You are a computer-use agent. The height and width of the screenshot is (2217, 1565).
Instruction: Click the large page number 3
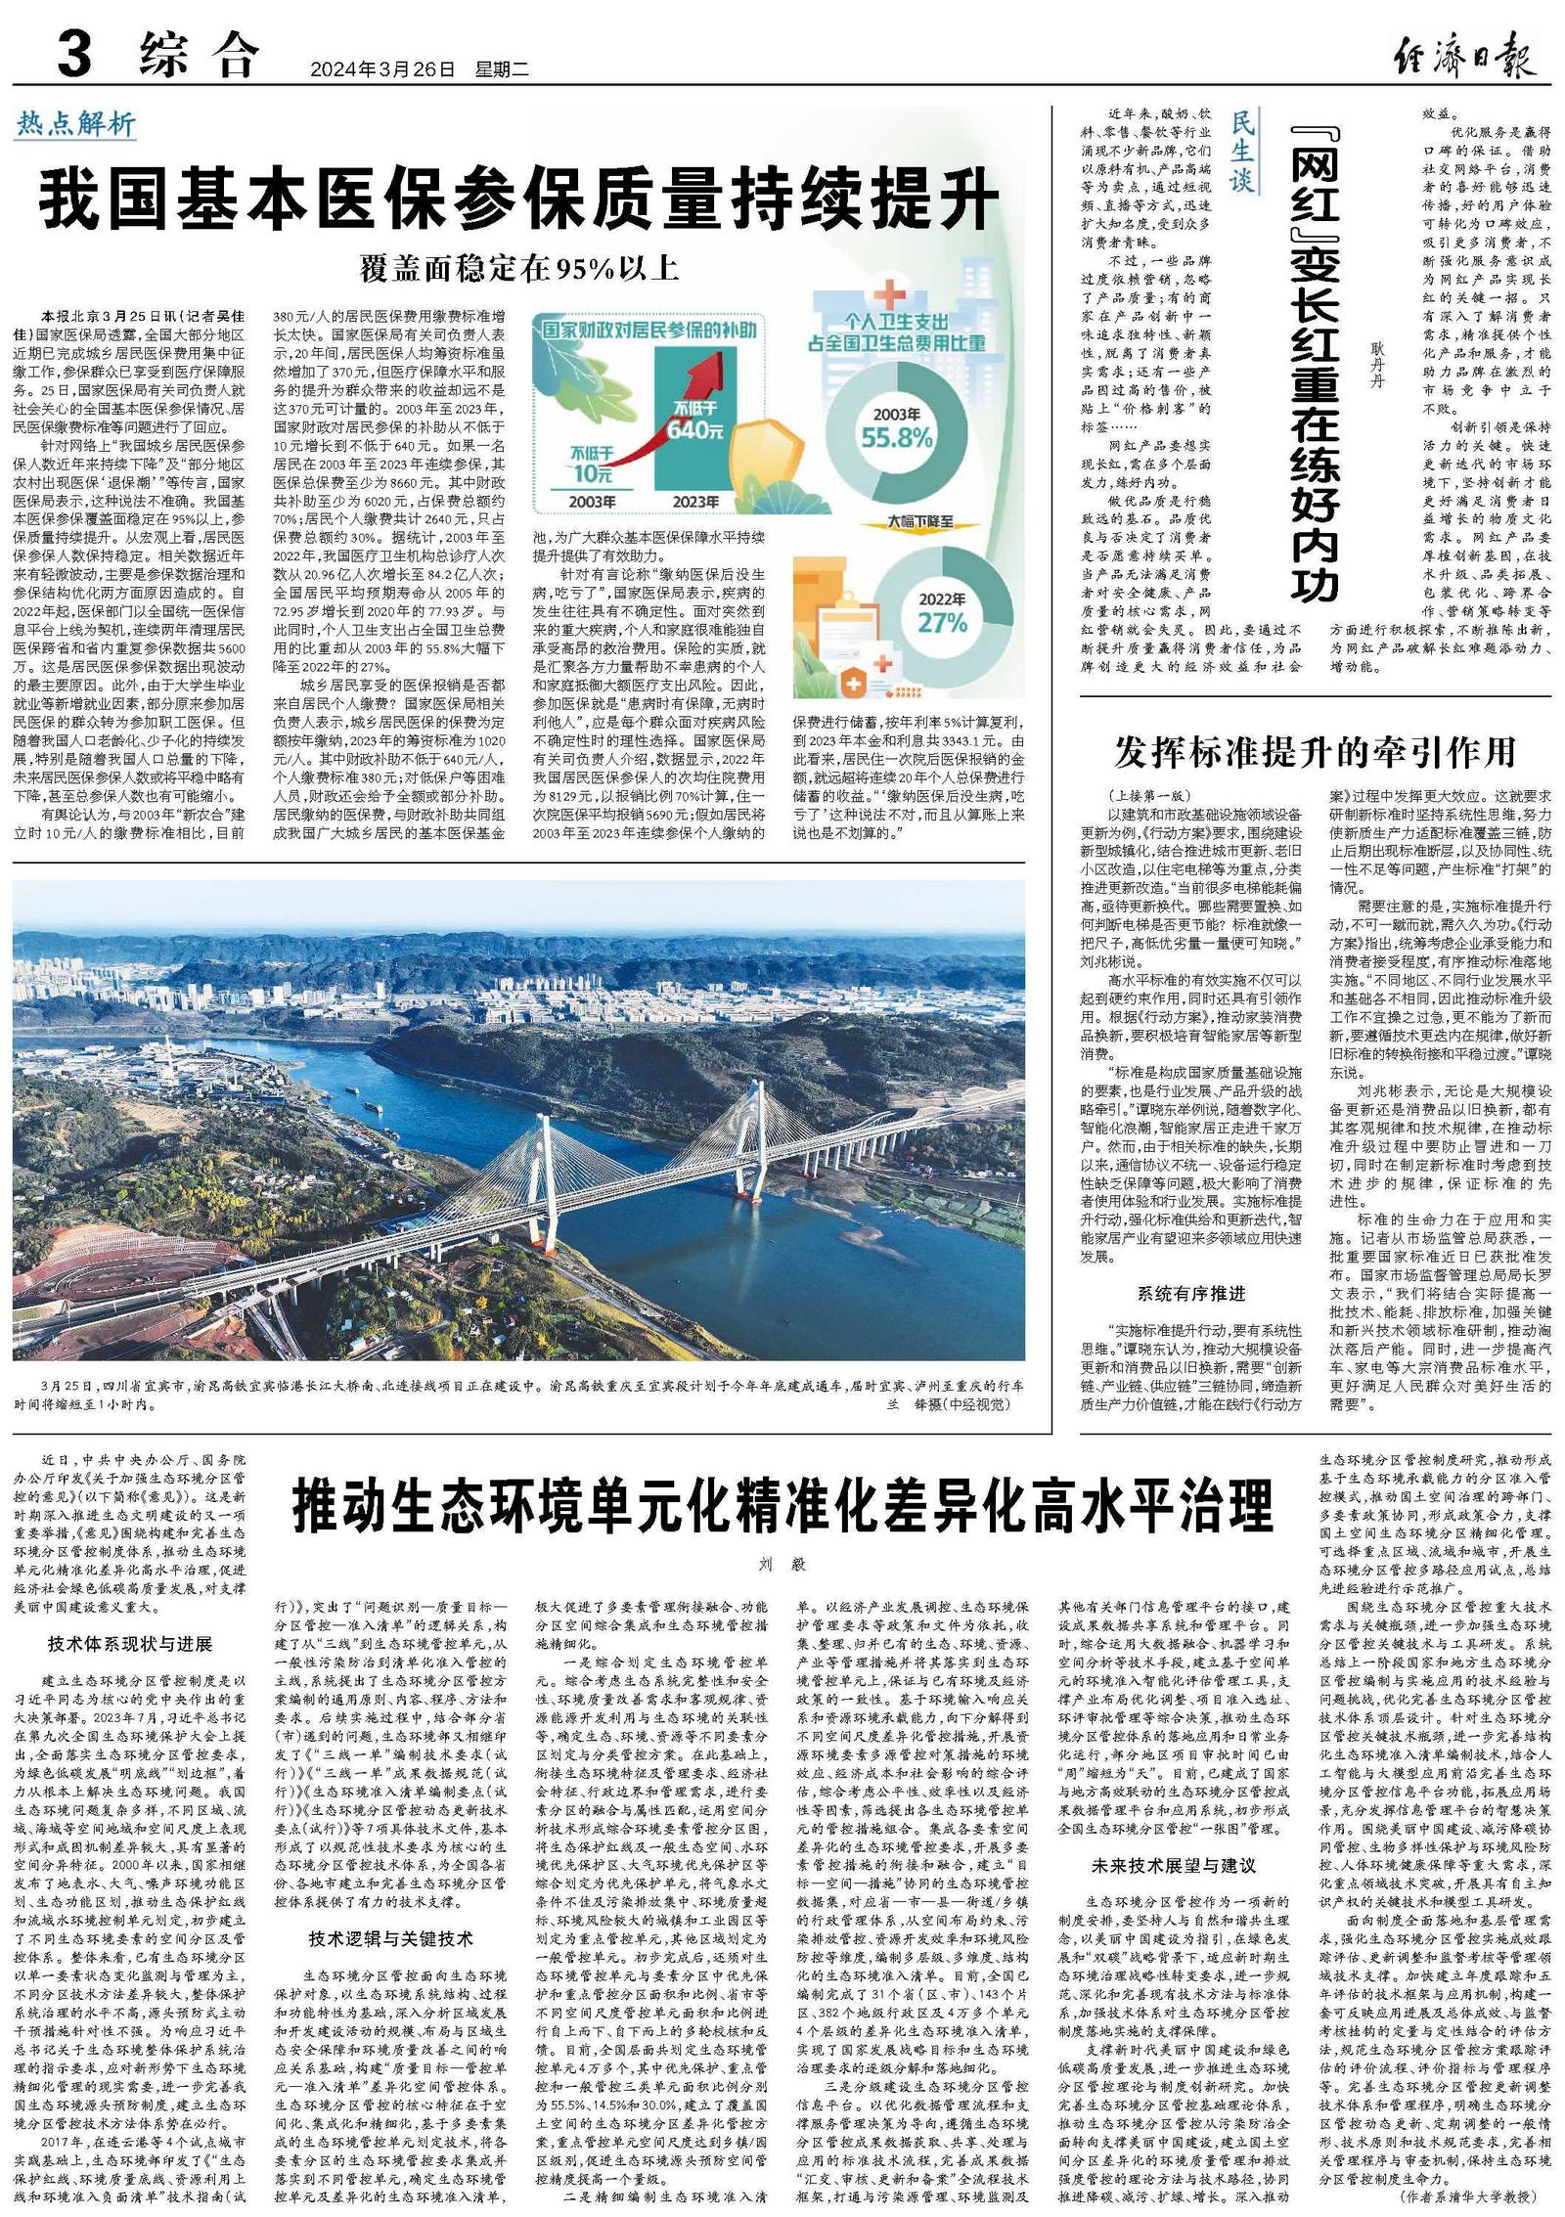click(74, 54)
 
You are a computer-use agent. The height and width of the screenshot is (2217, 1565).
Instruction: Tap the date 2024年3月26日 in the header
click(383, 70)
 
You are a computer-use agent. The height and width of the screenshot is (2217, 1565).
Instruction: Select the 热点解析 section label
click(75, 124)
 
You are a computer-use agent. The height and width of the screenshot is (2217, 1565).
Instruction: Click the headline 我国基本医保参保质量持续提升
click(518, 199)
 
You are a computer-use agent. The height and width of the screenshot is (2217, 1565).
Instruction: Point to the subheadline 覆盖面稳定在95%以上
click(518, 268)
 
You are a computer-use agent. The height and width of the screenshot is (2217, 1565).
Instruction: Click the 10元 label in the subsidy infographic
click(591, 474)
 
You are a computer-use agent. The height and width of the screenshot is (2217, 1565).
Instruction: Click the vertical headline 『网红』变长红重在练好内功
click(1314, 362)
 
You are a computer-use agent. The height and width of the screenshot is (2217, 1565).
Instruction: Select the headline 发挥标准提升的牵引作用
click(1315, 753)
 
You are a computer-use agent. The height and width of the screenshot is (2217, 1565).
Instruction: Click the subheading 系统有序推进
click(1190, 1293)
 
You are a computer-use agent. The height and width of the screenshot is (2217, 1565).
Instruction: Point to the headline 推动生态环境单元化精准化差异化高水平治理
click(782, 1506)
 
